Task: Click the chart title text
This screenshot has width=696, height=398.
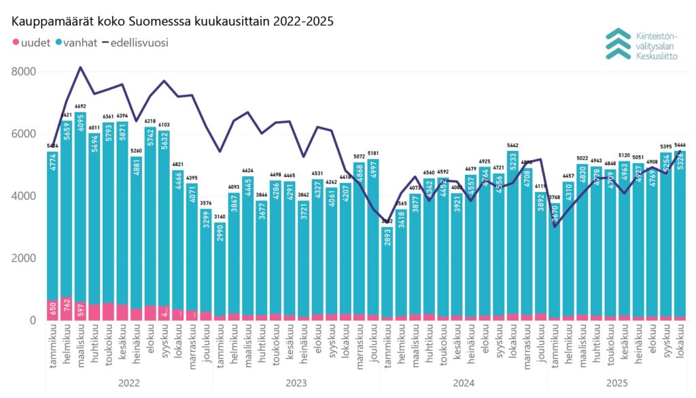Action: point(173,21)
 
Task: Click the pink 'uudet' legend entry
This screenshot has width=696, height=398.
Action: point(31,43)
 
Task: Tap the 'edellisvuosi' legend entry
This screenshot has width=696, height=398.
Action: point(135,43)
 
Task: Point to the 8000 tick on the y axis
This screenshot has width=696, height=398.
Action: point(23,72)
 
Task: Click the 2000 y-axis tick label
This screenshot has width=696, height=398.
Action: point(23,259)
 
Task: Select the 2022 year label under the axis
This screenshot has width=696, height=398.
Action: point(128,384)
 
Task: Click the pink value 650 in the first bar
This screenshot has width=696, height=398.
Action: point(53,310)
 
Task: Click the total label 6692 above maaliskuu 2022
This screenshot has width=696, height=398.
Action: point(81,107)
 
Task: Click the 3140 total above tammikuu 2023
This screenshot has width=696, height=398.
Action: point(220,217)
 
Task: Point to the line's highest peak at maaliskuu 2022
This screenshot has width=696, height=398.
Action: point(81,67)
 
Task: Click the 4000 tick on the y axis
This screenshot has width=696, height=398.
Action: point(23,197)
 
